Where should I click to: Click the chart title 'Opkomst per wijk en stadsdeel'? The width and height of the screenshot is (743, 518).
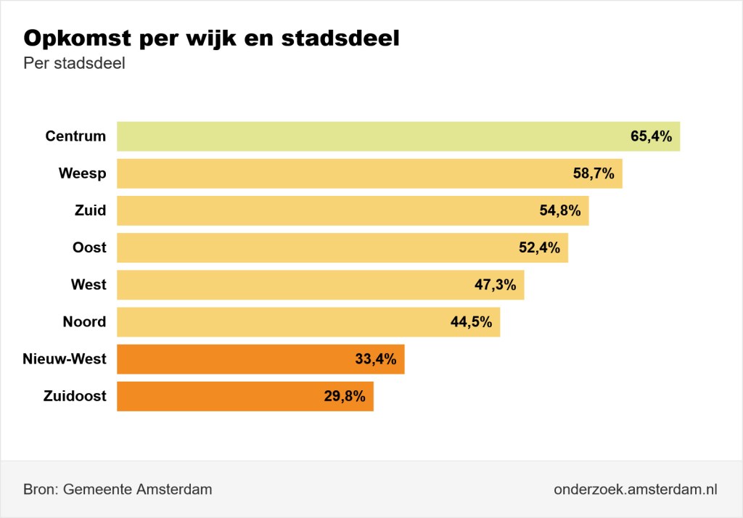212,38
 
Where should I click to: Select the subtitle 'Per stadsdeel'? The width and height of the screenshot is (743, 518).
75,64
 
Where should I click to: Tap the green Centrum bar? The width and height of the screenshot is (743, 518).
363,136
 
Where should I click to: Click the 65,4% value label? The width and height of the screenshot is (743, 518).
651,136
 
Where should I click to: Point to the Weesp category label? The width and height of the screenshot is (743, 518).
82,173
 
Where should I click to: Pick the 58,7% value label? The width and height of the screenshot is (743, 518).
594,173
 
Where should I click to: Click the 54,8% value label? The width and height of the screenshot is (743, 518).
560,210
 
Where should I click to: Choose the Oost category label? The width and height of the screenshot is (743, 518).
89,247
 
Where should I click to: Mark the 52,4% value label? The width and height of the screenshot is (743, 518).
539,247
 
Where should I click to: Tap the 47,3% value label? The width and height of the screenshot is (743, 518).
495,284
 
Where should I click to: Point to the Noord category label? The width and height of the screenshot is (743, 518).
84,321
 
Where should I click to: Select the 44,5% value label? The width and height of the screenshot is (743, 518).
471,321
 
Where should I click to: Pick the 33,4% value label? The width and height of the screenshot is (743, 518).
375,359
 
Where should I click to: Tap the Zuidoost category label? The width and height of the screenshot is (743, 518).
75,396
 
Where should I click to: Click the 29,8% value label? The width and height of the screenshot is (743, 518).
345,396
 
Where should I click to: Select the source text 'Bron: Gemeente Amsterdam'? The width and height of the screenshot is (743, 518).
118,489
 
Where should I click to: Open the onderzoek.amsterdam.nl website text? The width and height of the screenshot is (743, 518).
635,489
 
